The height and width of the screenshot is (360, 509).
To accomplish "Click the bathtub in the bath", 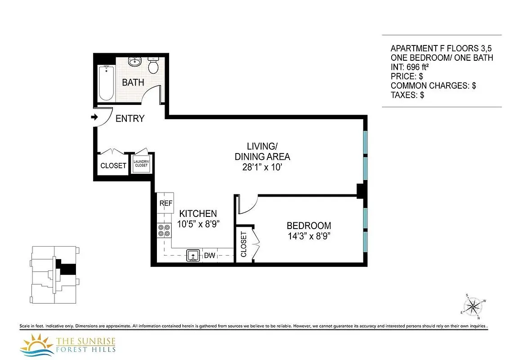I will click(106, 83).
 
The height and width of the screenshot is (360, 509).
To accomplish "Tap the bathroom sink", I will click(134, 62).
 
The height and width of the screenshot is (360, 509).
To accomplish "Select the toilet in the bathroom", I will click(153, 66).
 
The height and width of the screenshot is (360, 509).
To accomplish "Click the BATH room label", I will click(133, 82).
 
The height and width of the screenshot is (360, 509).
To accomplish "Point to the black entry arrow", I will click(94, 117).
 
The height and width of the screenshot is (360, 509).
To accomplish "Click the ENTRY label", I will click(130, 119).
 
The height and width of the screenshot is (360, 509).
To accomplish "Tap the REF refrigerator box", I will click(165, 203).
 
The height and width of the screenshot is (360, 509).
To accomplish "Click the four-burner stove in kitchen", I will click(164, 230).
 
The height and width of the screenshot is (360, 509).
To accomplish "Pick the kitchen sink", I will click(193, 256).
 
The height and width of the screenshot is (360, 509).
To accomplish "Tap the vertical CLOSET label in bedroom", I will click(244, 244).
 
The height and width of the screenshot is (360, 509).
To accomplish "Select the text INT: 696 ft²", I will click(414, 67).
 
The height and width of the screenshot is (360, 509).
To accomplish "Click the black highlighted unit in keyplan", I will click(68, 269).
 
